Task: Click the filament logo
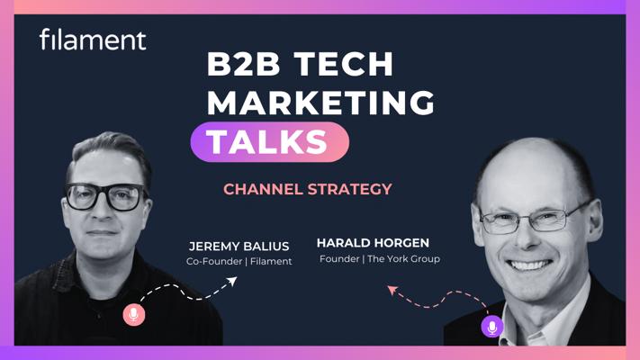[x=93, y=40]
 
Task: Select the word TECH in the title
[x=344, y=64]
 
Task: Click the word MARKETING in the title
[x=320, y=102]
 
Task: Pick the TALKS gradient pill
[x=270, y=141]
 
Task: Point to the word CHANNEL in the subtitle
[x=263, y=189]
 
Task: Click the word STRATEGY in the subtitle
[x=350, y=189]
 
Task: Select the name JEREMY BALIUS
[x=239, y=247]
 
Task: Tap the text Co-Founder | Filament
[x=239, y=261]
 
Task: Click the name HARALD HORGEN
[x=373, y=243]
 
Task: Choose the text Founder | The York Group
[x=380, y=259]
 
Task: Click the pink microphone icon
[x=134, y=315]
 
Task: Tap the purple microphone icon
[x=492, y=327]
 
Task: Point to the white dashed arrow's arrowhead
[x=232, y=281]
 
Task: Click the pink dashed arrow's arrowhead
[x=392, y=290]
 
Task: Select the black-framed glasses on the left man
[x=105, y=197]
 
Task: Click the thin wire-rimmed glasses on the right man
[x=530, y=219]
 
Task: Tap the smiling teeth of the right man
[x=529, y=265]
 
